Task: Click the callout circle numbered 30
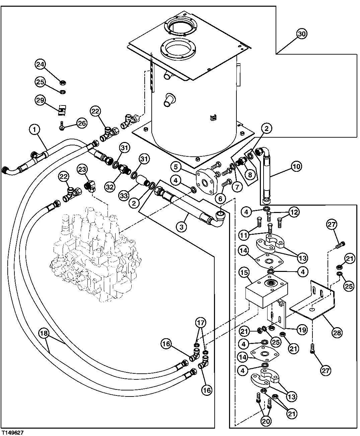302,34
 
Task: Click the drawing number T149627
12,433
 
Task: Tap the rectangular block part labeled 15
266,291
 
